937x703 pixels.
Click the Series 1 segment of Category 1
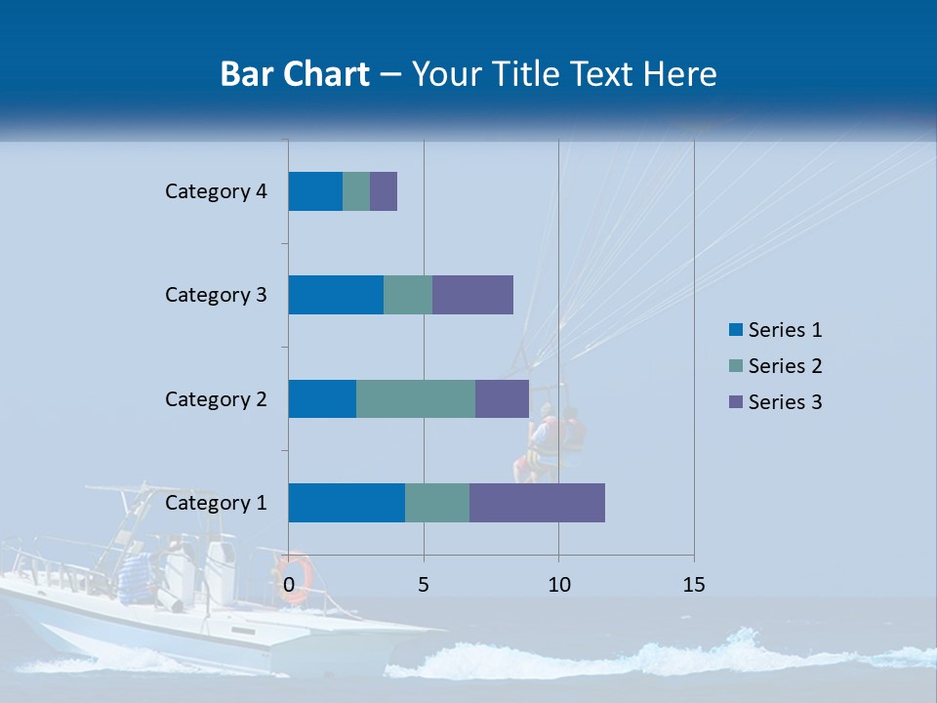pyautogui.click(x=346, y=503)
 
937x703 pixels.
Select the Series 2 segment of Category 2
pyautogui.click(x=416, y=398)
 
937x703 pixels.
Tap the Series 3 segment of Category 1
pyautogui.click(x=537, y=503)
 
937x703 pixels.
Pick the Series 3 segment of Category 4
pyautogui.click(x=384, y=191)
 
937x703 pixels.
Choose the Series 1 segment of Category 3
pyautogui.click(x=336, y=295)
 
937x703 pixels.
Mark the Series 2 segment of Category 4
pyautogui.click(x=356, y=191)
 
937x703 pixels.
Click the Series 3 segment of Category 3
pyautogui.click(x=472, y=295)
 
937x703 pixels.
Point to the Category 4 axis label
pyautogui.click(x=216, y=191)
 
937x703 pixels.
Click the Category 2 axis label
pyautogui.click(x=216, y=398)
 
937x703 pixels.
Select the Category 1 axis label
pyautogui.click(x=216, y=503)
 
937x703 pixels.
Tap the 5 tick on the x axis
pyautogui.click(x=424, y=585)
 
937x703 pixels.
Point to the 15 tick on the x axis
pyautogui.click(x=694, y=585)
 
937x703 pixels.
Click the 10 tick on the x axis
pyautogui.click(x=558, y=585)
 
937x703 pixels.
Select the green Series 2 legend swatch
pyautogui.click(x=736, y=366)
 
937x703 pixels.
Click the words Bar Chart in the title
pyautogui.click(x=295, y=74)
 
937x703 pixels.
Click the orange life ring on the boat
pyautogui.click(x=293, y=576)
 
